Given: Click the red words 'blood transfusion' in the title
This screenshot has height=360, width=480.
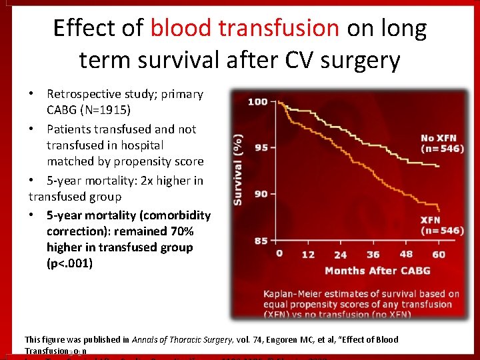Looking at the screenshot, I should pos(245,28).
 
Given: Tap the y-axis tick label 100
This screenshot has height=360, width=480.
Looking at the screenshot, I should pos(257,102).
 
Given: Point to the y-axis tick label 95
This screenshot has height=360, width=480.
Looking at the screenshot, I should pos(261,147).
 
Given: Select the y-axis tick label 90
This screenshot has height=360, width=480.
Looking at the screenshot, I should pos(261,193).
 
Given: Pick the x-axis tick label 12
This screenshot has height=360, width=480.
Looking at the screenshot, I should pos(308,254).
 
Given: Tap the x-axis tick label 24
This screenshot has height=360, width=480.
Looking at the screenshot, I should pos(340,255).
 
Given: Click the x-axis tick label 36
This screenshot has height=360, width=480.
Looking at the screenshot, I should pos(373,254).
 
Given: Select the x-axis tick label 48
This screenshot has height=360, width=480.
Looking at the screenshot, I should pos(405,254).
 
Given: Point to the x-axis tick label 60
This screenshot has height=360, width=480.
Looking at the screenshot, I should pos(438,254).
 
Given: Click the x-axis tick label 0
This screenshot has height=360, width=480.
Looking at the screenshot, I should pos(279,254).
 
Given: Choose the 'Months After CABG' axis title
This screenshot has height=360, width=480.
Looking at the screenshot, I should pos(377,271).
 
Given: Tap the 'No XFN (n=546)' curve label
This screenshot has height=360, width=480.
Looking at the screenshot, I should pos(442,143).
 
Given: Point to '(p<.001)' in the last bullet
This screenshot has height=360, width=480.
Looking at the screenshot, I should pos(70,263).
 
